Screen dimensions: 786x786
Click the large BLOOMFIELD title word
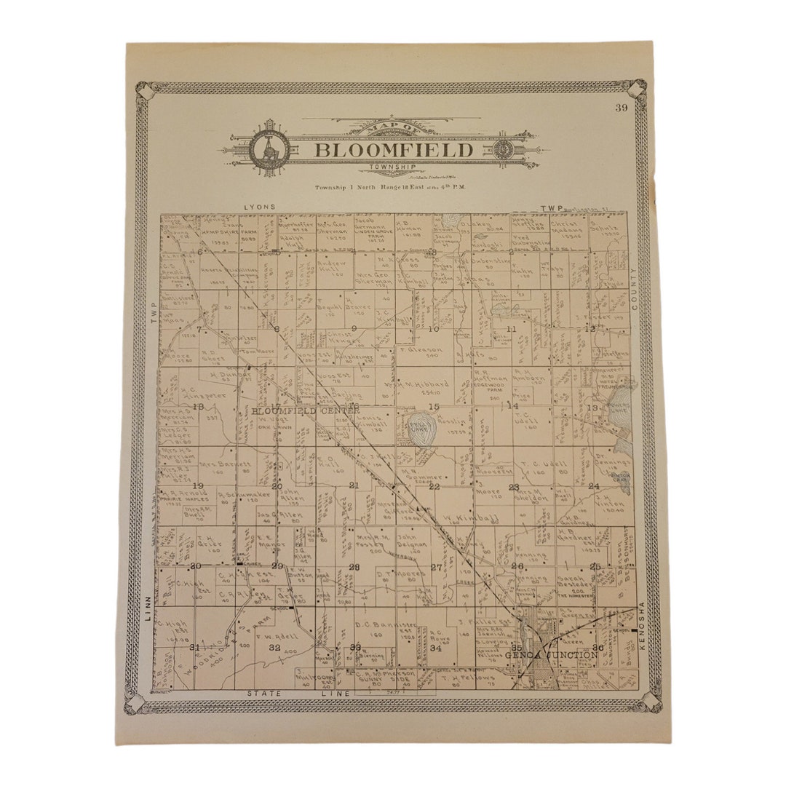coord(394,151)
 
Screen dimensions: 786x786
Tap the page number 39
coord(621,108)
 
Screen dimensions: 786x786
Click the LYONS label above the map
coord(261,207)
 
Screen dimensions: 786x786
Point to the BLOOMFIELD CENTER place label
coord(306,411)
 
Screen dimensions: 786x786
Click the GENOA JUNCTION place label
coord(552,655)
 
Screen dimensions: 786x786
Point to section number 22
coord(434,486)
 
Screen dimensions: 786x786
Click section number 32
coord(274,647)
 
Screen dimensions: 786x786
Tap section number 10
coord(434,329)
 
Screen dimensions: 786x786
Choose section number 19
coord(197,485)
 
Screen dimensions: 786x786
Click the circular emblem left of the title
coord(269,149)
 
